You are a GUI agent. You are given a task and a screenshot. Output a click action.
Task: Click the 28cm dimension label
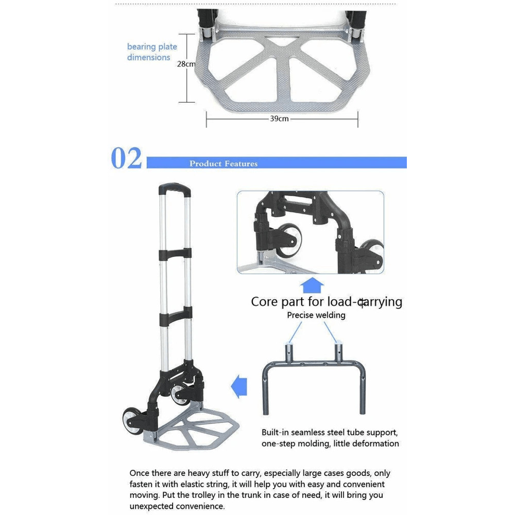(186, 64)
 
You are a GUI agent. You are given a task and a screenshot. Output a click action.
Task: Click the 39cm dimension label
(279, 118)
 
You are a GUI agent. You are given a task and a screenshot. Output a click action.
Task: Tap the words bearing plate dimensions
(152, 52)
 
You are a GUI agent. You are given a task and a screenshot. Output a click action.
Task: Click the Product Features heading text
(223, 164)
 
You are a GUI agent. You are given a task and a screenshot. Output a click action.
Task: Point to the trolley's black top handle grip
(175, 189)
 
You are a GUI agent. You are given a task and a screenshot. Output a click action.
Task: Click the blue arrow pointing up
(312, 285)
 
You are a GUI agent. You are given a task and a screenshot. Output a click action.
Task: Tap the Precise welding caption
(316, 315)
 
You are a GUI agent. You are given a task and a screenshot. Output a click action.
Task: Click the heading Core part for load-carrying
(327, 302)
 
